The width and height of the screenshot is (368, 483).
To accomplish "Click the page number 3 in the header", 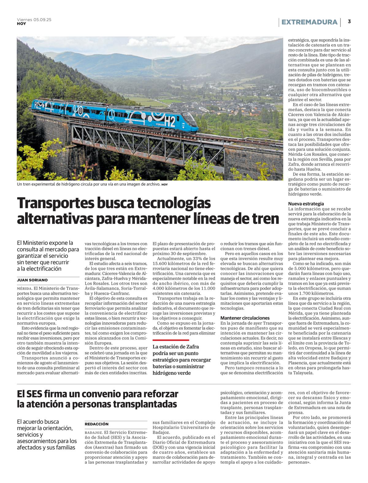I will coord(349,22).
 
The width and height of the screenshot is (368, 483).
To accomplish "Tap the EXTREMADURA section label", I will coord(309,22).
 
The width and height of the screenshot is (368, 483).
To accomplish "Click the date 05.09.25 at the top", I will coord(42,20).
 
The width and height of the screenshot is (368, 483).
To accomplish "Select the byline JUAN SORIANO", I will coord(32,280).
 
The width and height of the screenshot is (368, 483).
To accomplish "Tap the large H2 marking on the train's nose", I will coord(170,122).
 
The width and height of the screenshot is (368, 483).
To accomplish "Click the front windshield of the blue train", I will coord(189,118).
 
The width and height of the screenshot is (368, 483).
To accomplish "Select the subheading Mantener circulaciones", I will coord(245,318).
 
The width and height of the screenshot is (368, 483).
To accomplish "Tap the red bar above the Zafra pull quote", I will coord(171,340).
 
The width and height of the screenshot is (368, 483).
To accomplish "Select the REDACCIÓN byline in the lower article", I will coord(97,424).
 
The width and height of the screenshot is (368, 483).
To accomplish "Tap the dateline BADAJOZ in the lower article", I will coord(94,432).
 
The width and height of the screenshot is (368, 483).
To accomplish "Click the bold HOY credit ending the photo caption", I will coord(165,185).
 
